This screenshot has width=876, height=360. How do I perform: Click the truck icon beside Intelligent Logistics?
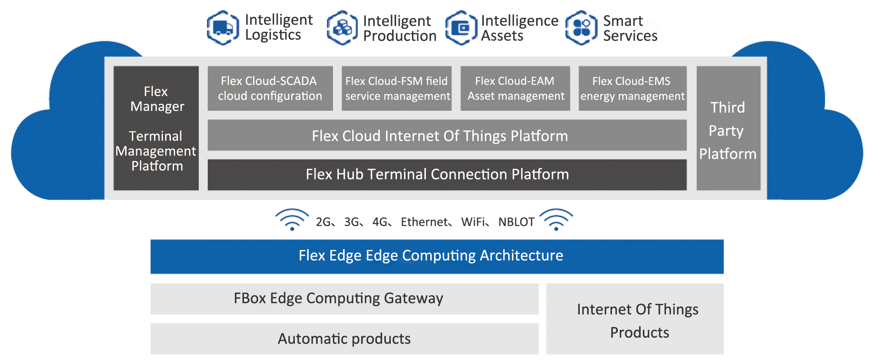click(223, 28)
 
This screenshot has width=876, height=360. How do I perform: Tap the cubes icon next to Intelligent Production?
click(342, 28)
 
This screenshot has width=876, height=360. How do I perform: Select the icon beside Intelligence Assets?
click(461, 28)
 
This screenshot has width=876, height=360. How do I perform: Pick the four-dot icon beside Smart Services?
click(581, 28)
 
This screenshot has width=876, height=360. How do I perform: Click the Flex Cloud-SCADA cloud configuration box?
click(270, 88)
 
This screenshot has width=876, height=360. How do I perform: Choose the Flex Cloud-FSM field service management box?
click(396, 88)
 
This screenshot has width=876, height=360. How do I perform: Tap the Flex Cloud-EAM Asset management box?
click(515, 88)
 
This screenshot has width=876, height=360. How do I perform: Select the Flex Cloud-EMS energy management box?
click(632, 88)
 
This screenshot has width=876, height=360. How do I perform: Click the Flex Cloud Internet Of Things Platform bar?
click(447, 135)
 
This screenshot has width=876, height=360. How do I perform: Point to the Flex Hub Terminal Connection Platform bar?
click(447, 175)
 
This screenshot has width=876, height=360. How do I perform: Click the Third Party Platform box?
click(728, 128)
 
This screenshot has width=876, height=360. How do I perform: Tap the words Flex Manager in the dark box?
click(157, 99)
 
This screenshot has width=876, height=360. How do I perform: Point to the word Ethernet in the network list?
click(424, 222)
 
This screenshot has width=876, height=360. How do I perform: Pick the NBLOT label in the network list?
click(516, 222)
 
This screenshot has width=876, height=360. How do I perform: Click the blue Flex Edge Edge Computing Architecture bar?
click(437, 256)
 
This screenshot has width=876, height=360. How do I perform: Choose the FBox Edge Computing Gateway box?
click(344, 299)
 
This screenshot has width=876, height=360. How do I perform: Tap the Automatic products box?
click(344, 339)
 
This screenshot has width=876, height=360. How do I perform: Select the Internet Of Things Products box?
click(635, 319)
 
